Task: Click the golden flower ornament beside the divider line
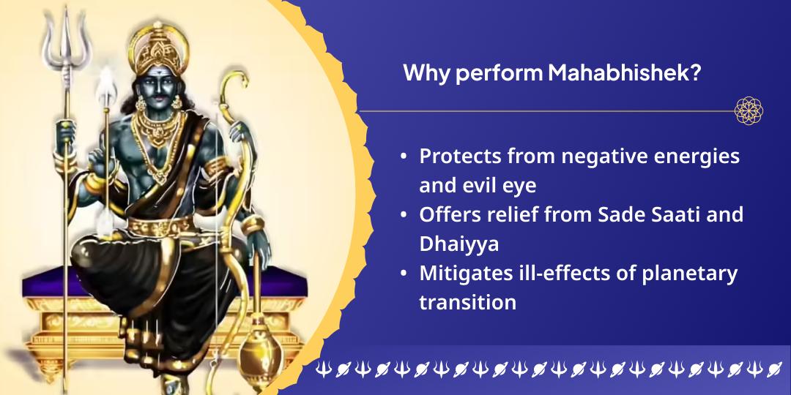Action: pos(749,111)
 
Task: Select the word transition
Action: pos(467,301)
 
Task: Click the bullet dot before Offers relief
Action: pos(404,215)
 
